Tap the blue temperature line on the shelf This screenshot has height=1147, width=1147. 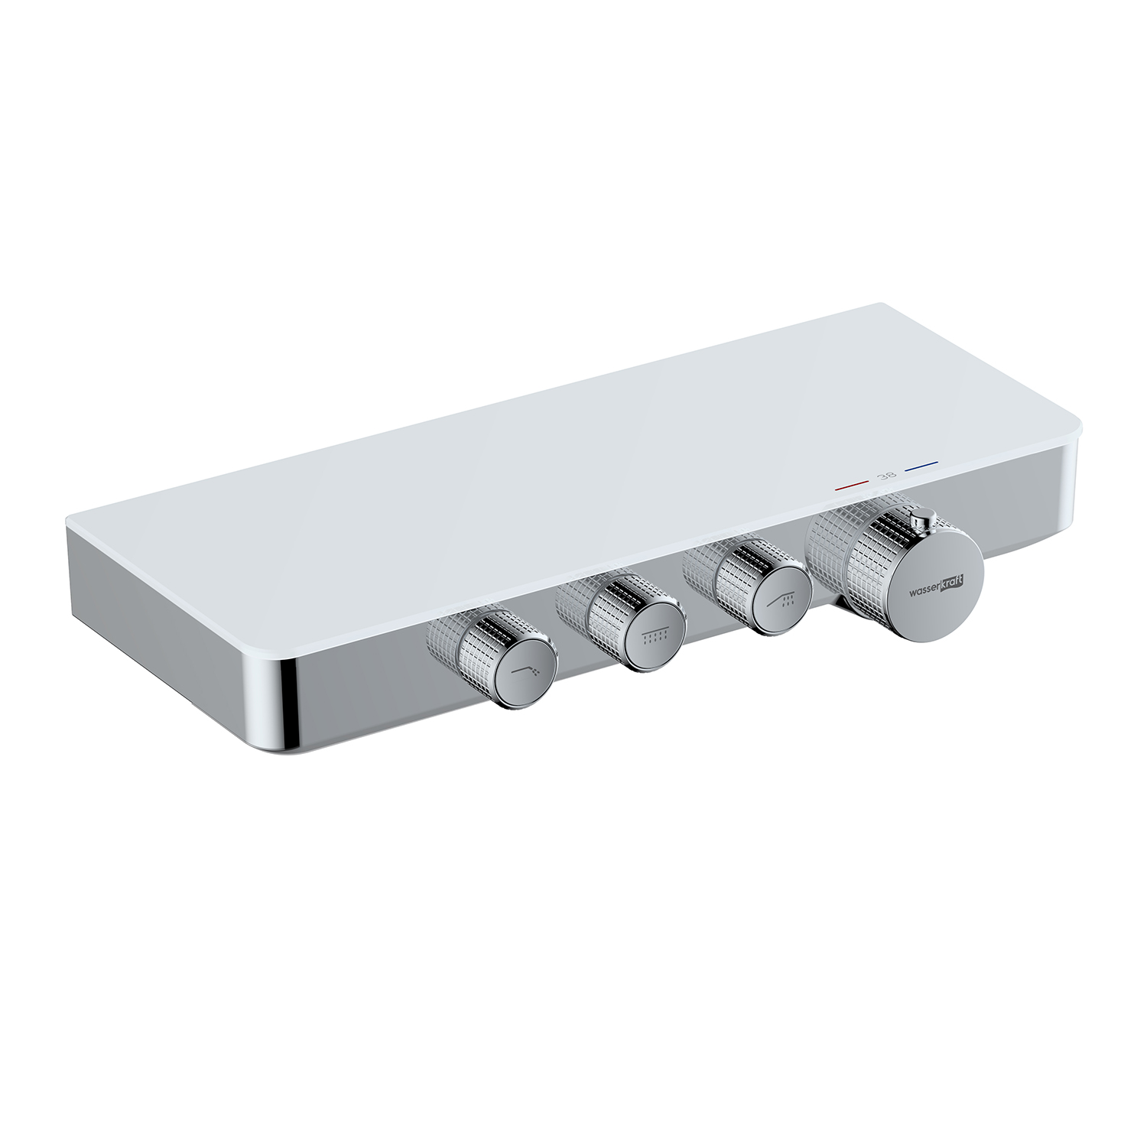click(x=921, y=466)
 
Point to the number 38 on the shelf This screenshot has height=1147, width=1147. click(x=887, y=476)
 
